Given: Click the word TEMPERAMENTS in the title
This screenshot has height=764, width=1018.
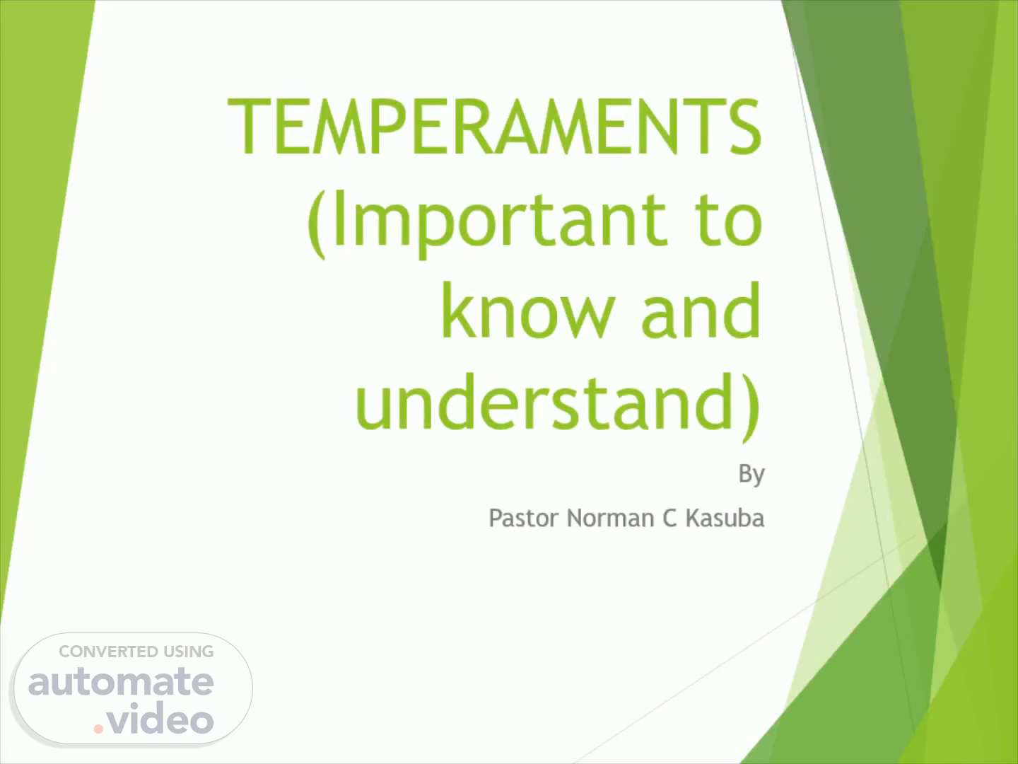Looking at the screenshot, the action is pyautogui.click(x=494, y=126).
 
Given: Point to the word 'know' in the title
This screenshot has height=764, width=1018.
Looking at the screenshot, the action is pyautogui.click(x=528, y=310).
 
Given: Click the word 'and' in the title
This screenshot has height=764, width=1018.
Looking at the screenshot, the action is pyautogui.click(x=701, y=310).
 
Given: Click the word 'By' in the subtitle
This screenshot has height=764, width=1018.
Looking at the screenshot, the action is pyautogui.click(x=751, y=475).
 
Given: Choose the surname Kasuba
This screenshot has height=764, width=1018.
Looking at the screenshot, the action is pyautogui.click(x=725, y=518).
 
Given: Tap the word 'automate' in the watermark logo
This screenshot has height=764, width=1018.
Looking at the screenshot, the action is pyautogui.click(x=121, y=683).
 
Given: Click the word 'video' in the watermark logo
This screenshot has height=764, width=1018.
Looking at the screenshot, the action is pyautogui.click(x=160, y=717).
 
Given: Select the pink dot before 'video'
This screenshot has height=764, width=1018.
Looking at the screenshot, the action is pyautogui.click(x=98, y=729).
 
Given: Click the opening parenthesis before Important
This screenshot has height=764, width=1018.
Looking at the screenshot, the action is pyautogui.click(x=317, y=224).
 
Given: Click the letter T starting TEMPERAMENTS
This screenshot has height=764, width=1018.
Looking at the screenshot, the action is pyautogui.click(x=248, y=126).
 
